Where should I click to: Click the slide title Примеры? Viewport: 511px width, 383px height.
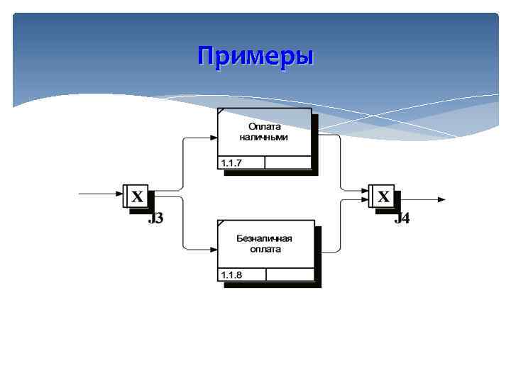coord(255,55)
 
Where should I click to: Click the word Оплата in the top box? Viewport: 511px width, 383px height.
coord(264,126)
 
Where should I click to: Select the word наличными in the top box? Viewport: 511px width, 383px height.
coord(264,137)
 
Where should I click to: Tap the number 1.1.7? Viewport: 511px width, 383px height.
coord(231,163)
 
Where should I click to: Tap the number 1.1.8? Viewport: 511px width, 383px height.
coord(231,274)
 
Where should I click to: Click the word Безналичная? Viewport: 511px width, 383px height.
coord(265,238)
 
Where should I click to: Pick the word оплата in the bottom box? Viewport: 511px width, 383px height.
coord(265,249)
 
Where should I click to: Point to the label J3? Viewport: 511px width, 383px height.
coord(155,218)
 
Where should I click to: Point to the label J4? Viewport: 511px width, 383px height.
coord(402,218)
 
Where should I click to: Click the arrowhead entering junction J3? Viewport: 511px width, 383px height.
coord(120,193)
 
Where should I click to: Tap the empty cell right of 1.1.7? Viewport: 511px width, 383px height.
coord(288,163)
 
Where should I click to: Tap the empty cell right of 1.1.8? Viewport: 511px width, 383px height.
coord(290,274)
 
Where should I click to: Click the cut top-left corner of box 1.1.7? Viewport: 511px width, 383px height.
coord(221,111)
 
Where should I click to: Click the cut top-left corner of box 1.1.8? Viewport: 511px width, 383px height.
coord(221,223)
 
